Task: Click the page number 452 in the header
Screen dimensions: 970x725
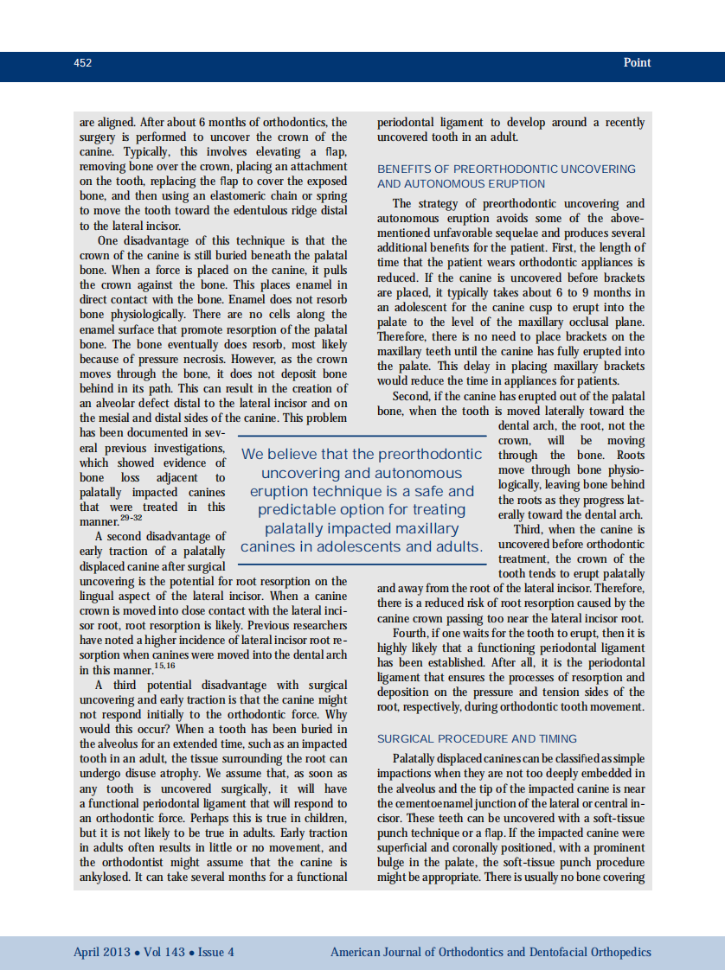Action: coord(82,63)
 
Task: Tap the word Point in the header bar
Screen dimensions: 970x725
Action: coord(637,63)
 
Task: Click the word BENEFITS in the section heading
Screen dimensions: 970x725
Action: coord(404,169)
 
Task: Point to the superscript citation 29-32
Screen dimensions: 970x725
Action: coord(131,517)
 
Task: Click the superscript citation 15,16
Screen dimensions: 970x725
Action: coord(164,665)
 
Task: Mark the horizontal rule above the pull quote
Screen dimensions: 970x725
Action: coord(362,435)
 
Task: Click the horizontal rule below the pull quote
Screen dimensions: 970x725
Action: coord(362,565)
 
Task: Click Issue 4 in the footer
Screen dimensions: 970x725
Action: coord(216,953)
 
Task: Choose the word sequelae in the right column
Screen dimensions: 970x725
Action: coord(537,233)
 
